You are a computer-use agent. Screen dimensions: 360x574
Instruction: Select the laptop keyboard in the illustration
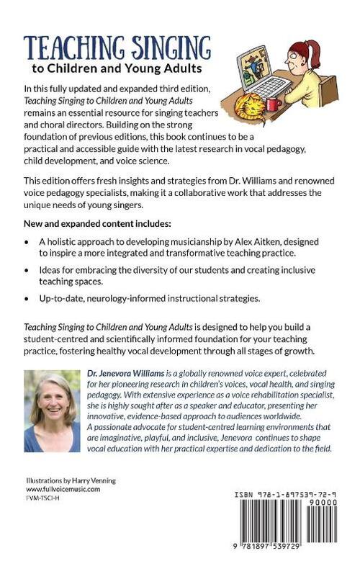[276, 89]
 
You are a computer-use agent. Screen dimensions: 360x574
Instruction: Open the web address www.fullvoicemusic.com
[63, 488]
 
